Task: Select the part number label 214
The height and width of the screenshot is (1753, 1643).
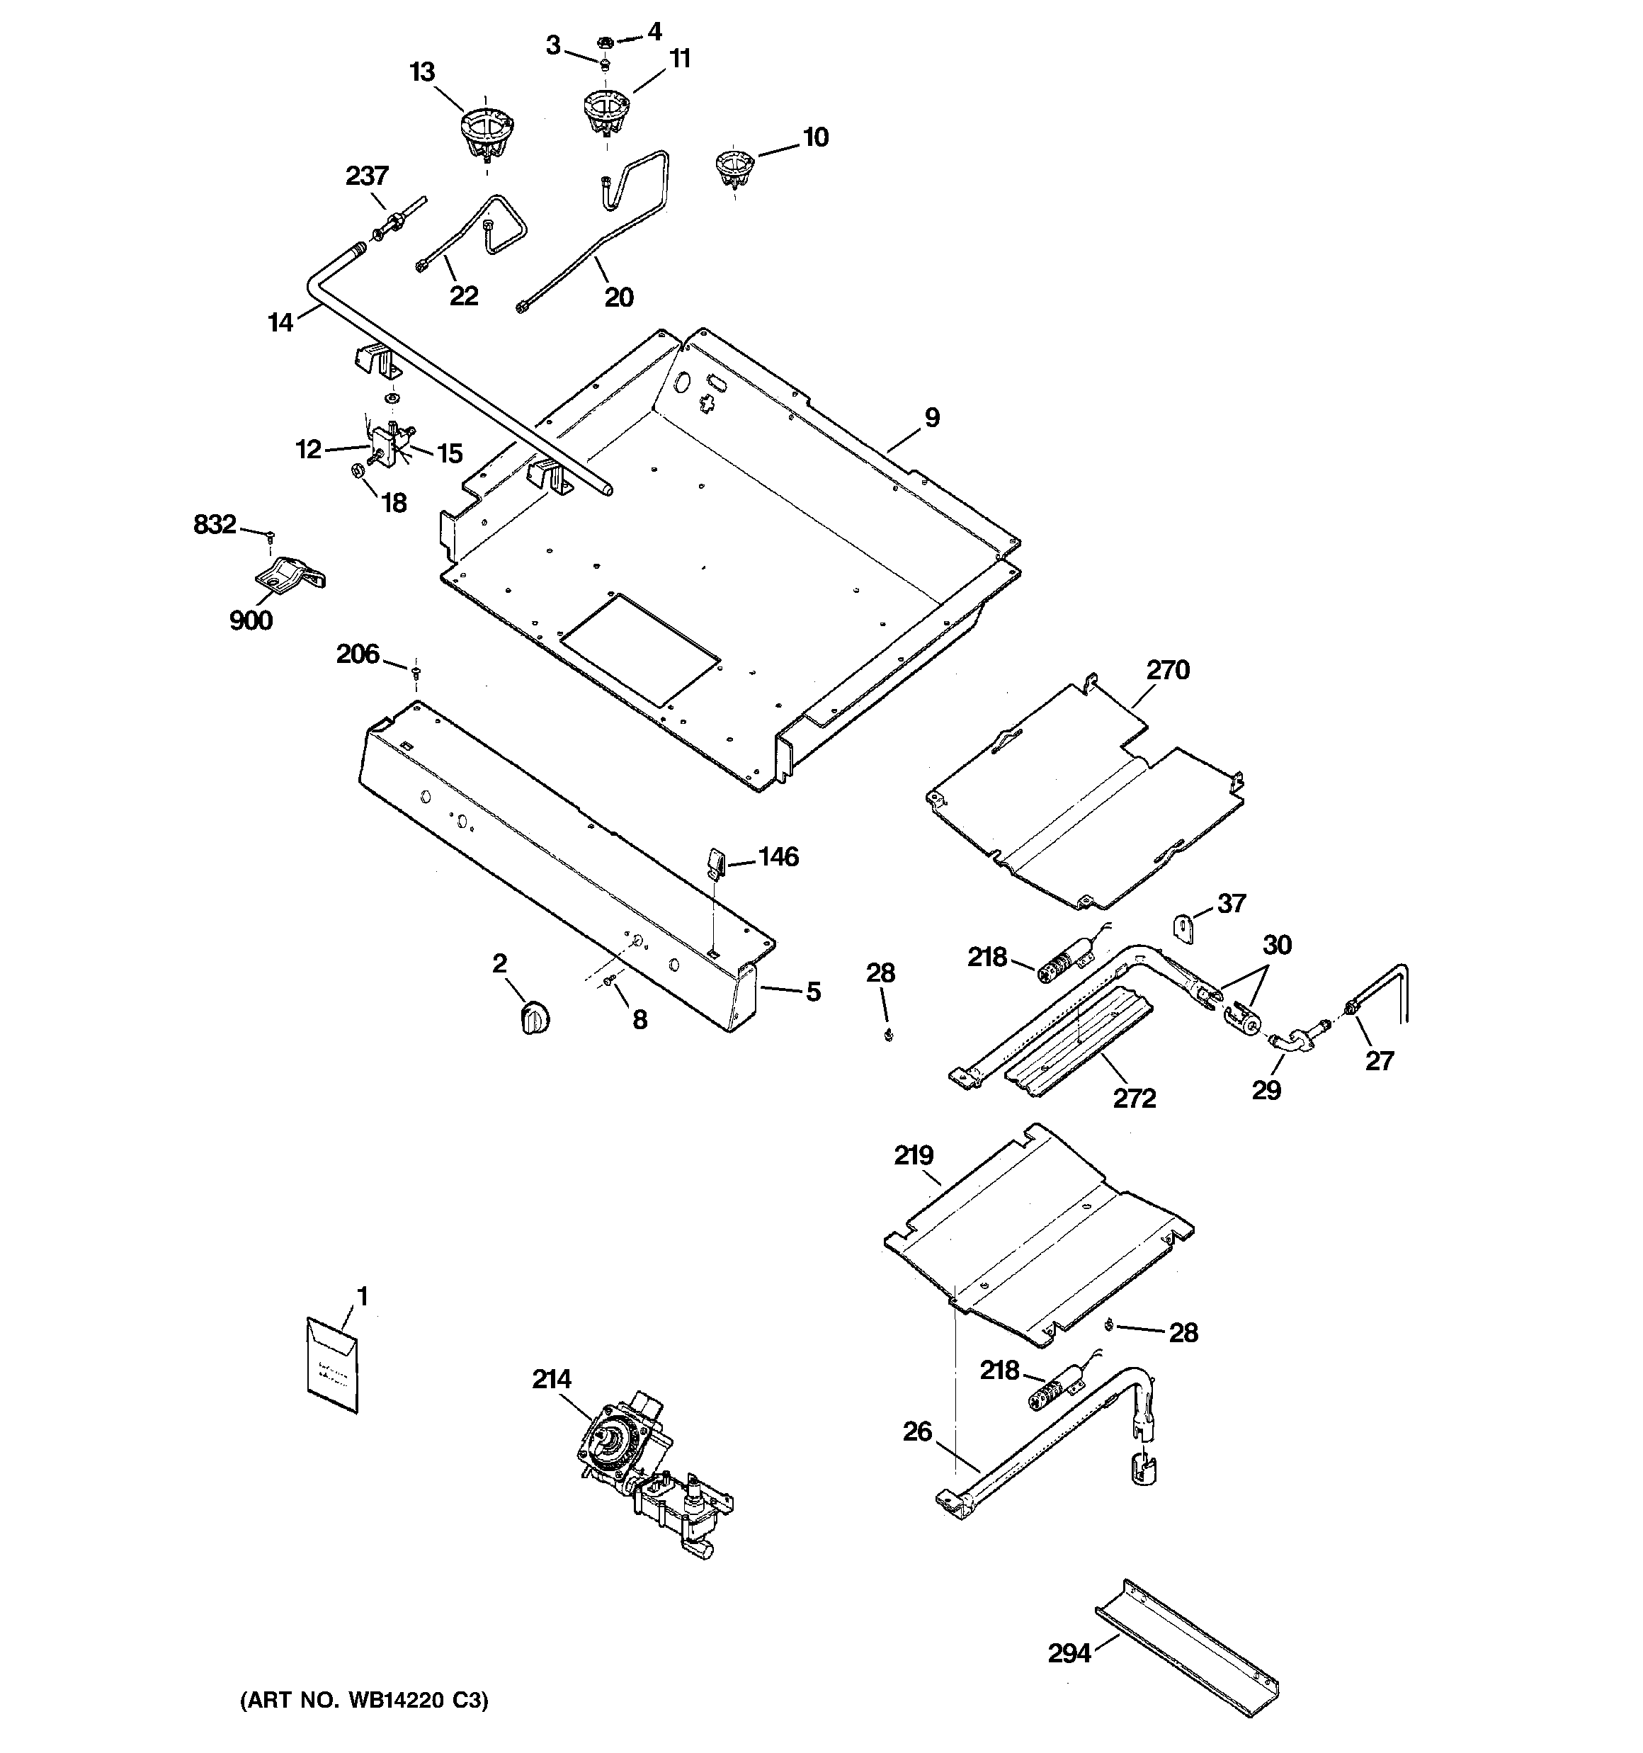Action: tap(551, 1379)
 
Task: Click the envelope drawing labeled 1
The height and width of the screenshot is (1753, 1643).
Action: tap(332, 1369)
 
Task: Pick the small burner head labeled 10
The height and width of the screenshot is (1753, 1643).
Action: tap(734, 169)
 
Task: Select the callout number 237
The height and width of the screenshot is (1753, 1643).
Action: tap(367, 176)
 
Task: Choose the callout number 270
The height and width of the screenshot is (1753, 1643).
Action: tap(1168, 670)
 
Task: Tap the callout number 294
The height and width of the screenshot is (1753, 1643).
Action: tap(1069, 1653)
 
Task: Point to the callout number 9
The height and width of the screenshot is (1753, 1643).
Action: tap(932, 418)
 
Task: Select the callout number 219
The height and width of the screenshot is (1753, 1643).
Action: tap(914, 1155)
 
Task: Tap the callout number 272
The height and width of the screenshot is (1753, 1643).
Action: tap(1134, 1098)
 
